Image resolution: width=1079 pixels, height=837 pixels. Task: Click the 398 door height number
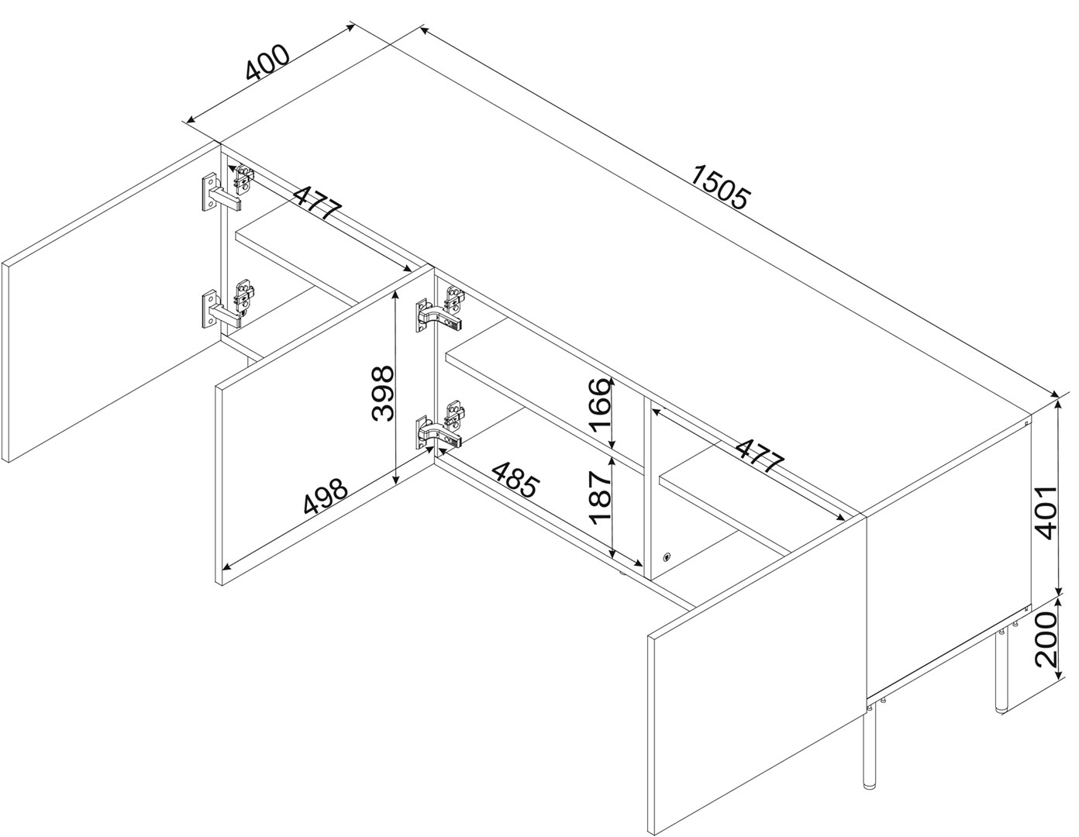pyautogui.click(x=383, y=394)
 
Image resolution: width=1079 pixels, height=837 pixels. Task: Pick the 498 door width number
pyautogui.click(x=326, y=498)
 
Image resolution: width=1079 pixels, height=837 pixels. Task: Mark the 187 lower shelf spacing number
pyautogui.click(x=600, y=498)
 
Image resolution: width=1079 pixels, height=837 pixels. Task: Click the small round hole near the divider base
pyautogui.click(x=667, y=557)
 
